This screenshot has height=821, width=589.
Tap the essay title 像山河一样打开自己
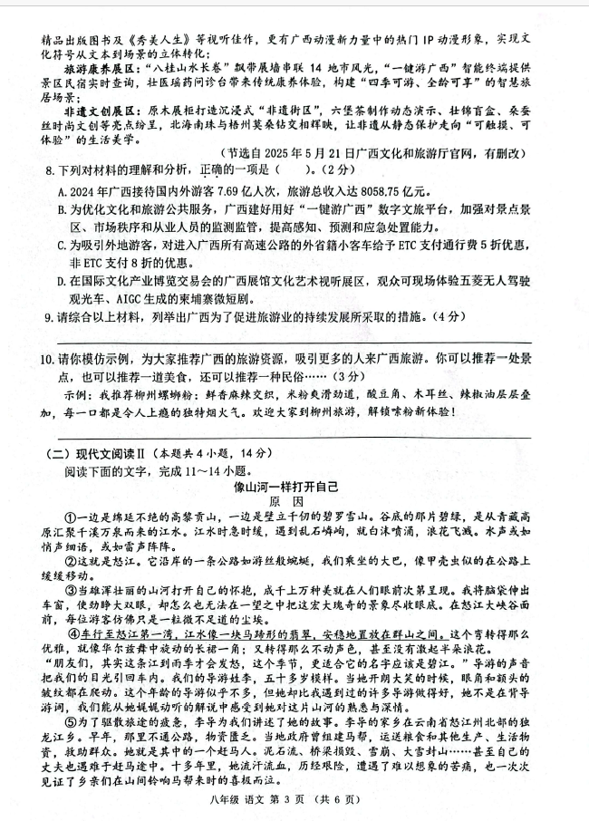coord(289,487)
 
